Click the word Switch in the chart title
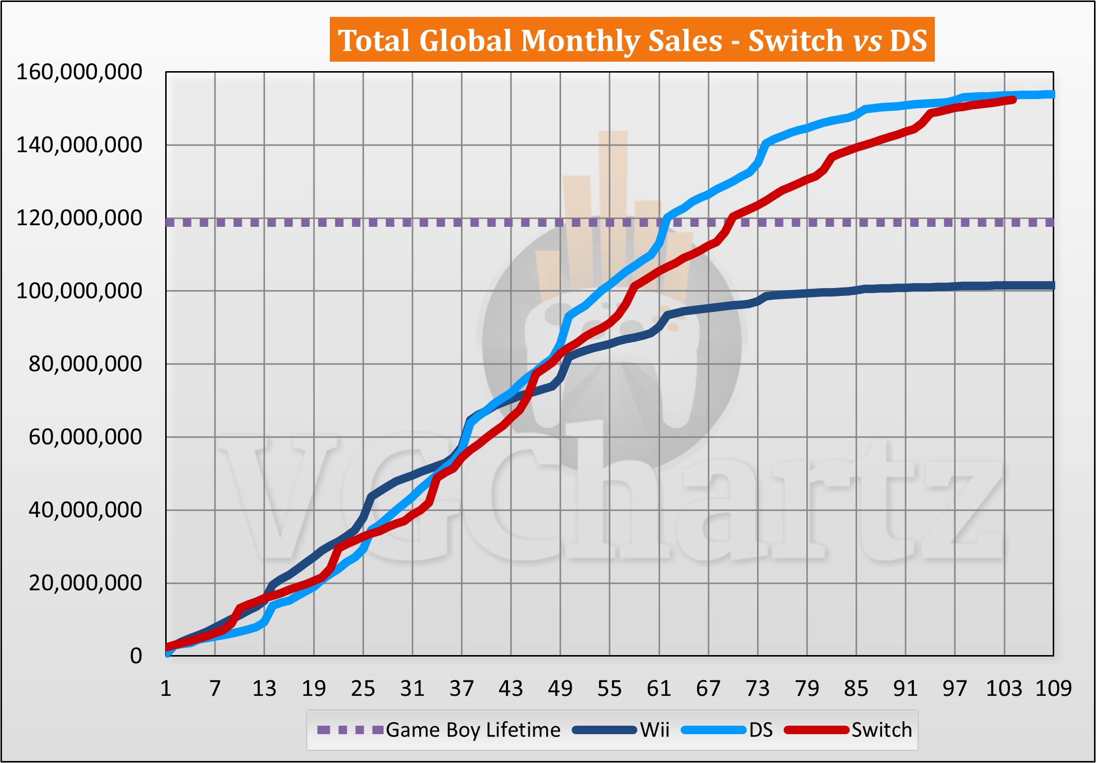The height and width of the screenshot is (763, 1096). [795, 40]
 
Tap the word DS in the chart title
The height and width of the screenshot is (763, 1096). [908, 40]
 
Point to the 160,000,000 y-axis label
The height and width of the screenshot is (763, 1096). [79, 72]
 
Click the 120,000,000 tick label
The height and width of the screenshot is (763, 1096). [79, 218]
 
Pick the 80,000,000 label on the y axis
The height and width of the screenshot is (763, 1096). [85, 364]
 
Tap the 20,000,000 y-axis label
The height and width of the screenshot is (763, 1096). [85, 583]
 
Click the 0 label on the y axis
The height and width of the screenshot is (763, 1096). [136, 656]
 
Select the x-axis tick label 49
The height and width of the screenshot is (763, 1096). [560, 689]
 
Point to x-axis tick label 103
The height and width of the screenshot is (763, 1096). [1004, 689]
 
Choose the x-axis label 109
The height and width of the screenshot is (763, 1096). [1053, 689]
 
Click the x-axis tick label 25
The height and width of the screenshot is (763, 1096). [363, 689]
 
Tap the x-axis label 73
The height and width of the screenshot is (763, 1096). [758, 689]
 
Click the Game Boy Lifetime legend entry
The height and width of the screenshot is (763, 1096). [473, 730]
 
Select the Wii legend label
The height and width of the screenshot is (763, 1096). [654, 730]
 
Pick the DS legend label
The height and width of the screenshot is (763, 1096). [761, 730]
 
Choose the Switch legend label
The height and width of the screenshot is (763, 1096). [882, 730]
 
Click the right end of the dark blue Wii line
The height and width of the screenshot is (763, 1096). [1052, 286]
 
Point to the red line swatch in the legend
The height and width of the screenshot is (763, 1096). [816, 730]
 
